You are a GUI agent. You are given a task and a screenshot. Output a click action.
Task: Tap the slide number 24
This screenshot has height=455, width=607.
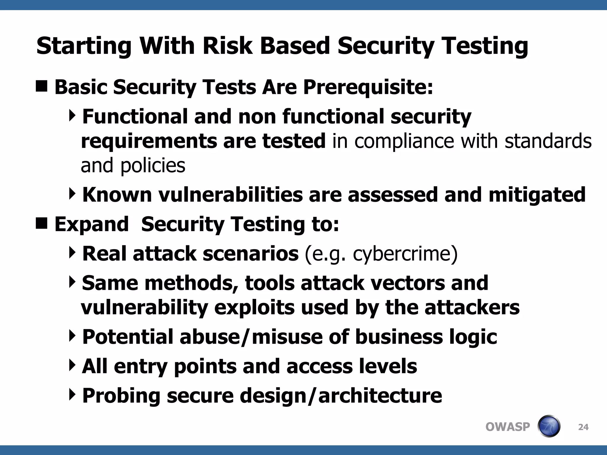coord(583,427)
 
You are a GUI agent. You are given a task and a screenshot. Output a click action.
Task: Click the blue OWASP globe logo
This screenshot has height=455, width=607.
coord(549,426)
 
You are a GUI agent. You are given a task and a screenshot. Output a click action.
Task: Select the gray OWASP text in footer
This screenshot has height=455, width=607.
coord(507,427)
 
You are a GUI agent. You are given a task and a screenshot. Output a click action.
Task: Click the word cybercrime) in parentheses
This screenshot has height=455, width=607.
coord(405,254)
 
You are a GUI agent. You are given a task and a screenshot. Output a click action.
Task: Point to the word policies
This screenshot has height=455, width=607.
coord(153,166)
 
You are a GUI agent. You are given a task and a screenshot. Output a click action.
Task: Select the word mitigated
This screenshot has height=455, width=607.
coord(537,195)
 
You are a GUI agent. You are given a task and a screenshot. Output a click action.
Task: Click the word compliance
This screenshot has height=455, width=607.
coord(404,141)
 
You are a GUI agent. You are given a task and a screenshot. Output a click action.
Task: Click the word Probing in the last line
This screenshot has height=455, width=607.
coord(121,396)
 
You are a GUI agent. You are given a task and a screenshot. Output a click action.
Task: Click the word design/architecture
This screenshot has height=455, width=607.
coord(341,396)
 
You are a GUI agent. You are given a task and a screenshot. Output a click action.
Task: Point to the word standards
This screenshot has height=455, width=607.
coord(548,141)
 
